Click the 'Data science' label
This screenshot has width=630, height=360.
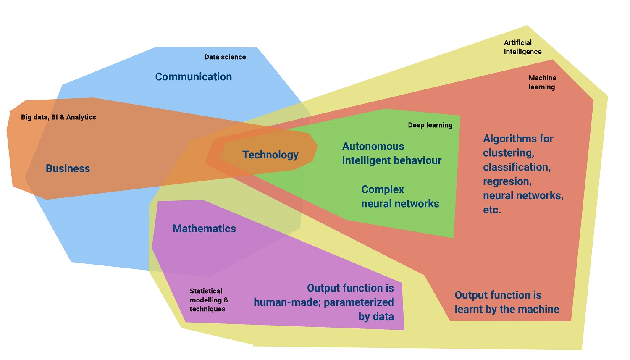pyautogui.click(x=225, y=57)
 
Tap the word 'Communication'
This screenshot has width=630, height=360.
pyautogui.click(x=194, y=77)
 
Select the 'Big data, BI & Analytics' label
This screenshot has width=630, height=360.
pyautogui.click(x=58, y=117)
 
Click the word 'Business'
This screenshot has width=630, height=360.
pyautogui.click(x=68, y=168)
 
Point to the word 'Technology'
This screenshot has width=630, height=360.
pyautogui.click(x=270, y=155)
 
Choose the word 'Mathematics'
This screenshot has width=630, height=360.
pyautogui.click(x=204, y=229)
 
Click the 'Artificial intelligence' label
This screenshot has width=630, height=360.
pyautogui.click(x=522, y=47)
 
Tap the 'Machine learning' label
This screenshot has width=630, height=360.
pyautogui.click(x=542, y=82)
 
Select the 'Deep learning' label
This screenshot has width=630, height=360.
pyautogui.click(x=430, y=125)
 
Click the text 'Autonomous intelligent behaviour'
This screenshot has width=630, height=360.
pyautogui.click(x=391, y=153)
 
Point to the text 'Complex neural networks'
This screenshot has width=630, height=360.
pyautogui.click(x=400, y=197)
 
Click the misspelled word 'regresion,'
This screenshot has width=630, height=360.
pyautogui.click(x=507, y=181)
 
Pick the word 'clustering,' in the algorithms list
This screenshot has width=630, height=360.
pyautogui.click(x=509, y=153)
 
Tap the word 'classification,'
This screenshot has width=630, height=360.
pyautogui.click(x=517, y=167)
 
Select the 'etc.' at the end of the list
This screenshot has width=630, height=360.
pyautogui.click(x=492, y=210)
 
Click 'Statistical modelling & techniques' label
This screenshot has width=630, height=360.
pyautogui.click(x=209, y=300)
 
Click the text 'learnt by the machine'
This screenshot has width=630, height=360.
pyautogui.click(x=507, y=310)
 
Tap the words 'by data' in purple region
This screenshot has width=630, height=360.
pyautogui.click(x=376, y=317)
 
